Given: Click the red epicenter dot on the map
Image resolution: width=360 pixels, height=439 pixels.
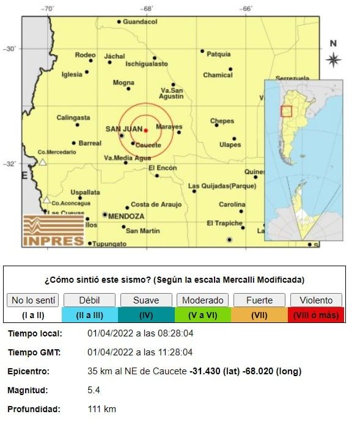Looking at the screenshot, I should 145,130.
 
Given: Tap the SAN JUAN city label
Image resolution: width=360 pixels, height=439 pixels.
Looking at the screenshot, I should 123,129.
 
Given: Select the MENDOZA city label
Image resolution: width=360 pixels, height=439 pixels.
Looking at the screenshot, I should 126,216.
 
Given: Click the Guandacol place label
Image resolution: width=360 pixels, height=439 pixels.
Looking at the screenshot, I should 140,22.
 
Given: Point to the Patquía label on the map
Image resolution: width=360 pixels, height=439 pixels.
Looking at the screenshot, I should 218,54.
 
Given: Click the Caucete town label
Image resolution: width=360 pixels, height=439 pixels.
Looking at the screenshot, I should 148,145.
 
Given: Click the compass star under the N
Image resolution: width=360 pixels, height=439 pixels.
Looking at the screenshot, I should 333,59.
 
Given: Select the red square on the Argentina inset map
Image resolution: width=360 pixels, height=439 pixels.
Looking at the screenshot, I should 286,111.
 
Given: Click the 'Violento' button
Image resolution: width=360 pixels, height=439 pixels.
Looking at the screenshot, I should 317,300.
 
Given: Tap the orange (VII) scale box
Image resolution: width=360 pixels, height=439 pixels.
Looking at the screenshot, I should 260,315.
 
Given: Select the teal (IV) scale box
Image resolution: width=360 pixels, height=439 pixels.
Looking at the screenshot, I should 146,315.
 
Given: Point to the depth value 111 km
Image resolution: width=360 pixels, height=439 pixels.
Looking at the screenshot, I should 101,409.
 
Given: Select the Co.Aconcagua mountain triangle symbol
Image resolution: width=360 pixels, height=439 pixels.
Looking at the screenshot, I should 46,199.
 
